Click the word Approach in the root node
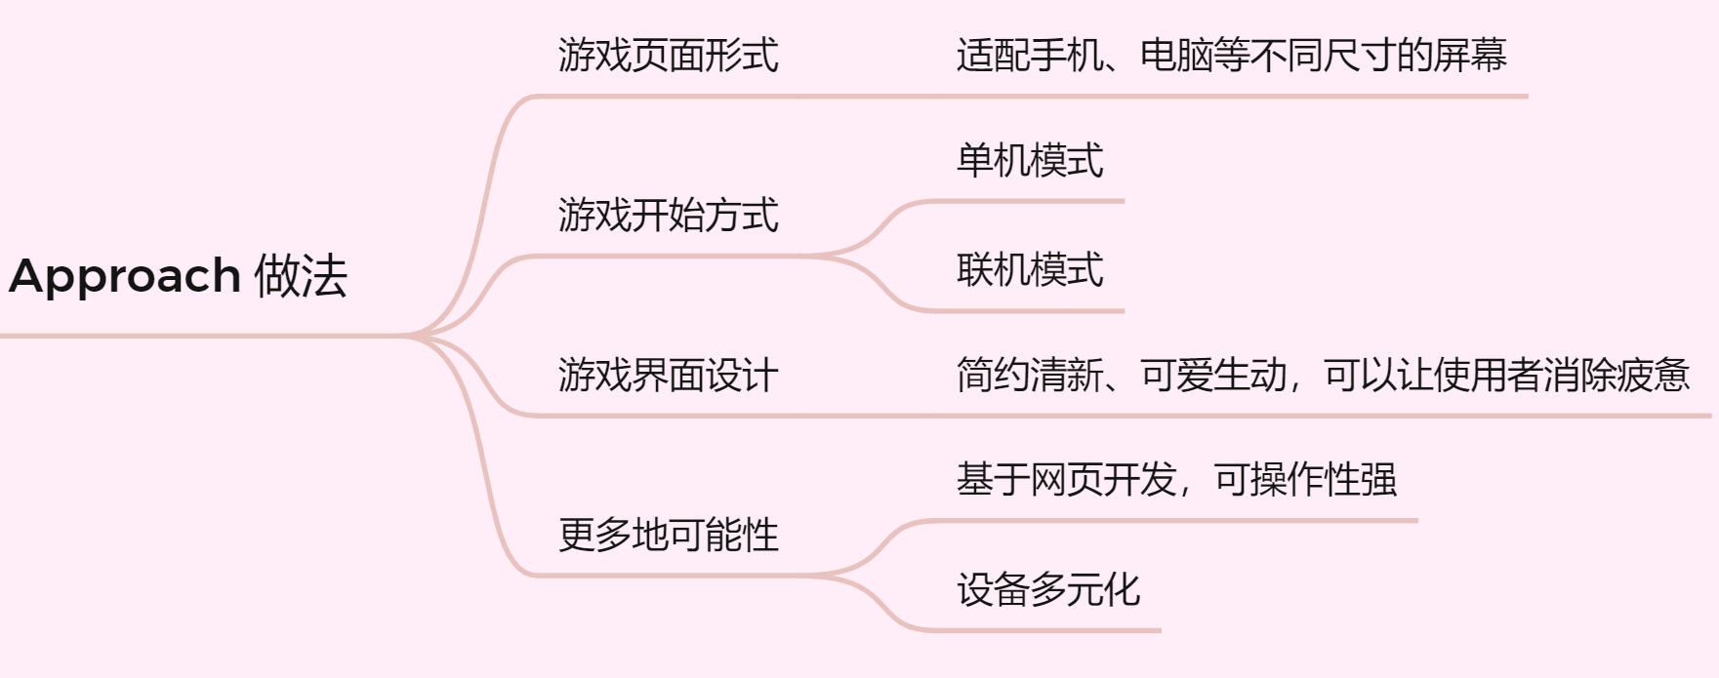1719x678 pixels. coord(124,276)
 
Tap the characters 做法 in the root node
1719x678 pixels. coord(301,276)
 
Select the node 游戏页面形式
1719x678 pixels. coord(668,55)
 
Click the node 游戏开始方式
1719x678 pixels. coord(668,215)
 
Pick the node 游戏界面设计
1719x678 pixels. coord(668,375)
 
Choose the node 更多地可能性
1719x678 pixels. coord(668,535)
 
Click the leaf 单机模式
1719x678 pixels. coord(1030,160)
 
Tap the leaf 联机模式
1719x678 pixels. coord(1030,269)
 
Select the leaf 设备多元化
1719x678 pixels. coord(1048,589)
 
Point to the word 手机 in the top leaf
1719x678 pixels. coord(1066,55)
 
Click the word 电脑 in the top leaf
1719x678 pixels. coord(1176,55)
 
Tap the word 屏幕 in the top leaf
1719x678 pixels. coord(1470,55)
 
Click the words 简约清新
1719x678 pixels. coord(1030,375)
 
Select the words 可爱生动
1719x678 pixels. coord(1213,375)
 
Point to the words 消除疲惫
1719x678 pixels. coord(1617,375)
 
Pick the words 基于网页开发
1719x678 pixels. coord(1066,480)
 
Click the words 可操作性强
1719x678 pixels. coord(1305,480)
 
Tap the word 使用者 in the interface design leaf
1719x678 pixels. coord(1488,375)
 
